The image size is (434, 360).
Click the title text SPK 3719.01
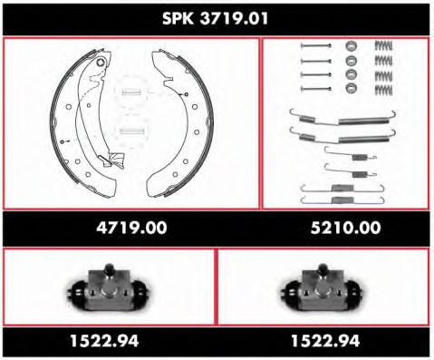point(217,17)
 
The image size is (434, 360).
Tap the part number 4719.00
point(131,229)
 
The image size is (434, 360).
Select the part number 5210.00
point(346,229)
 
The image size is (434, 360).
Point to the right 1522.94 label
point(326,341)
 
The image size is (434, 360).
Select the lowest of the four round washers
point(351,87)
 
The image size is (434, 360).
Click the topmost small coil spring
point(386,46)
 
